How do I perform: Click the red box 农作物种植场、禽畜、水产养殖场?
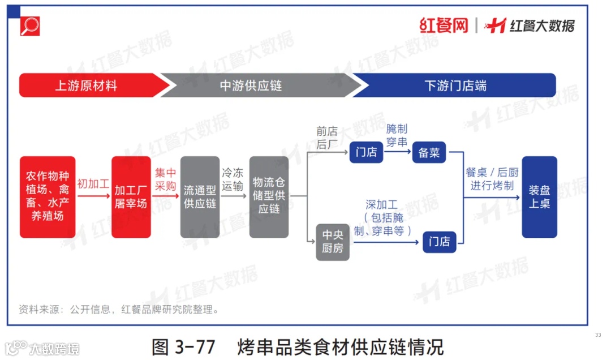(48, 196)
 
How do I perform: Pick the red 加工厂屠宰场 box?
(131, 196)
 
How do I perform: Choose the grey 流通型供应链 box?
(200, 196)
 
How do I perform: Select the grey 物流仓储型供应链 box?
(269, 196)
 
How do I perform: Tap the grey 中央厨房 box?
(333, 241)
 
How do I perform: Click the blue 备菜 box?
(429, 152)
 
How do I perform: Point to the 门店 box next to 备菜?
(366, 152)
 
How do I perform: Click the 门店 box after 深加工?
(440, 242)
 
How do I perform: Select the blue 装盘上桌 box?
(539, 196)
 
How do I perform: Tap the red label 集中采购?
(166, 179)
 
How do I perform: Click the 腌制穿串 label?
(397, 136)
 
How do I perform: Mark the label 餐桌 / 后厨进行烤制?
(492, 179)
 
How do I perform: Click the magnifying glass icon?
(30, 26)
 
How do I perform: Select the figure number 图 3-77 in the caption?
(184, 346)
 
